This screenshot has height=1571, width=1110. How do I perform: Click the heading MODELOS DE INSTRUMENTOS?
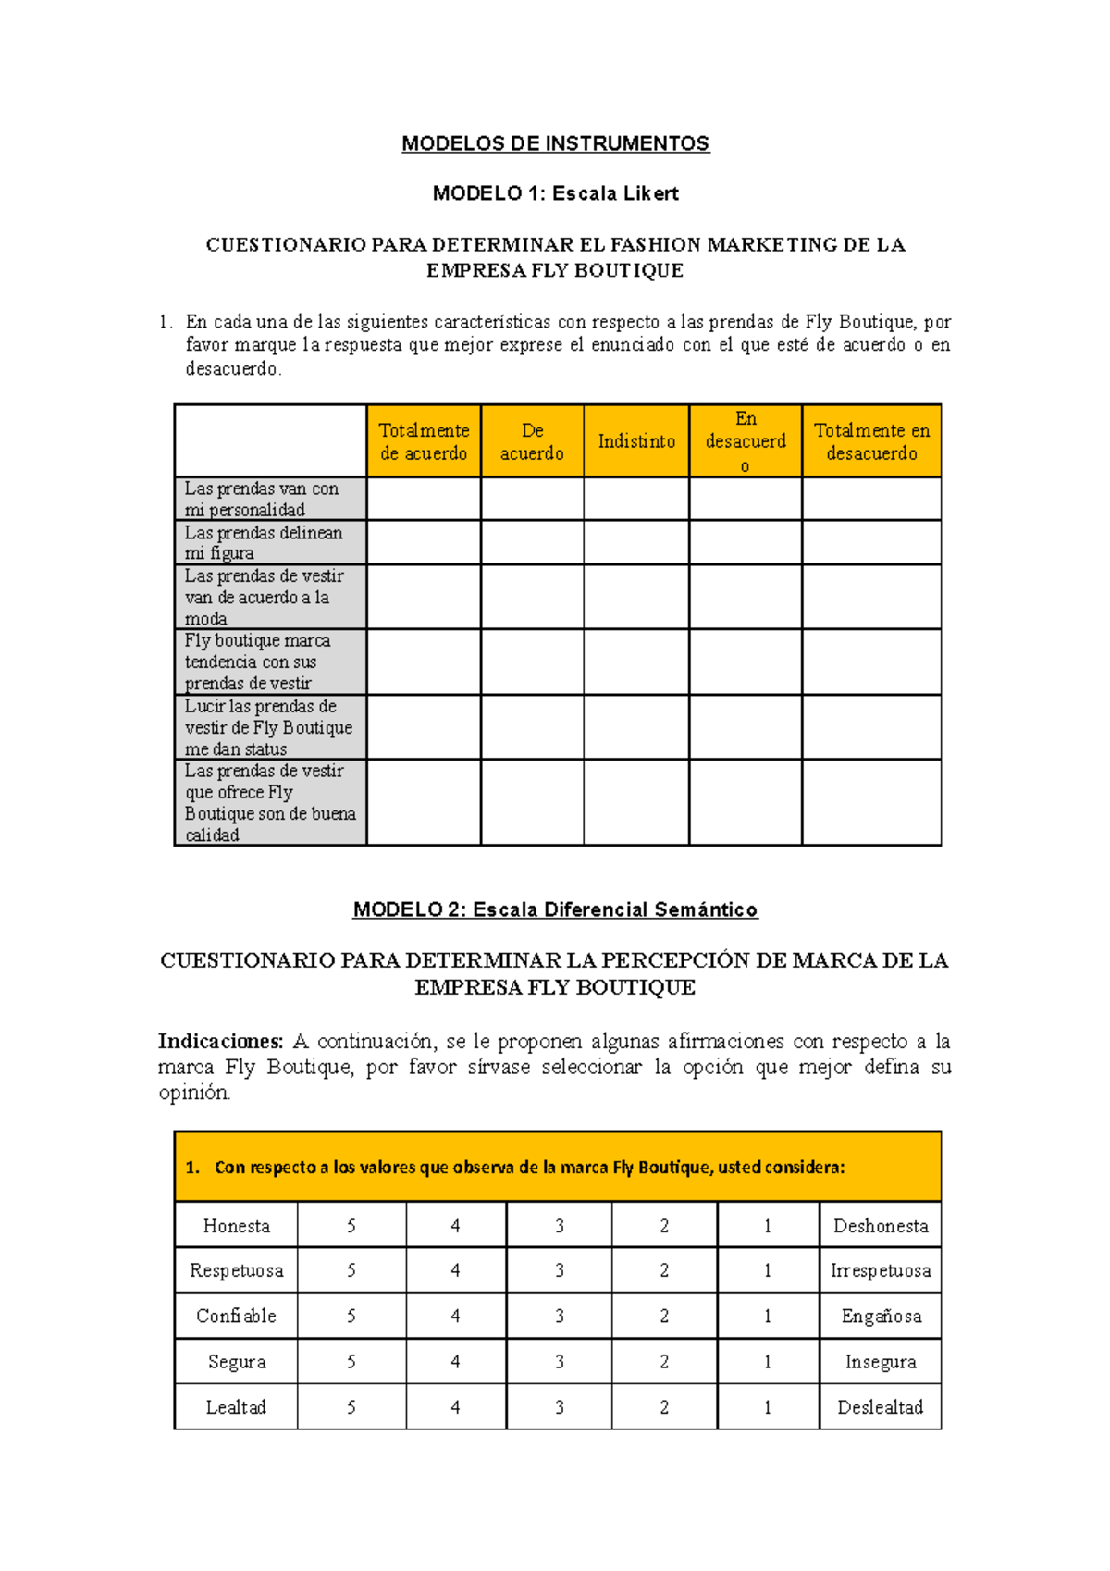point(555,143)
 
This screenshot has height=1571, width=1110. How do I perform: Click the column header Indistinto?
point(636,441)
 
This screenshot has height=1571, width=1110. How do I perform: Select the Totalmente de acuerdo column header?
point(424,441)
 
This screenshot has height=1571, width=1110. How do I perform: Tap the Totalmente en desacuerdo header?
point(871,441)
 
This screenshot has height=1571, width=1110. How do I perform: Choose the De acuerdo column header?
point(532,441)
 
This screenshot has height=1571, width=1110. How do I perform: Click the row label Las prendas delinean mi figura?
point(264,543)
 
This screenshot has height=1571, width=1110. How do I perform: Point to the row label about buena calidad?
point(269,802)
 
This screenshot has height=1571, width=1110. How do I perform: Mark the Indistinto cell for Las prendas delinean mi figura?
point(636,542)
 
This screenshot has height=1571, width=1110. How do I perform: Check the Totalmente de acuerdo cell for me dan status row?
point(424,727)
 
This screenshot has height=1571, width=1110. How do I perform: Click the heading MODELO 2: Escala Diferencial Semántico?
point(555,909)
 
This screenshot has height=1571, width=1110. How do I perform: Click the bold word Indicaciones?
point(220,1041)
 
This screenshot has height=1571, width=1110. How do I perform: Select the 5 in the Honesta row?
point(351,1226)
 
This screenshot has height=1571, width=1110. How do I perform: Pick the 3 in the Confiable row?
point(560,1316)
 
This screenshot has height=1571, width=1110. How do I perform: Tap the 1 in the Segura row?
point(768,1362)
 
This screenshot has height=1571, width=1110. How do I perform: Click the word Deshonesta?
point(881,1226)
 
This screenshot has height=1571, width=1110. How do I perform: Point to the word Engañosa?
point(881,1316)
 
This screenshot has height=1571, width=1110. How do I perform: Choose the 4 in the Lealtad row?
point(455,1407)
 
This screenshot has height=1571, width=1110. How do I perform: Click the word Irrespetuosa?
point(881,1270)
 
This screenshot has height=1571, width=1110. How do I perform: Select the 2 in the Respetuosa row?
point(664,1270)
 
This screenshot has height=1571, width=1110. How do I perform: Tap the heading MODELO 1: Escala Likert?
point(555,193)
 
